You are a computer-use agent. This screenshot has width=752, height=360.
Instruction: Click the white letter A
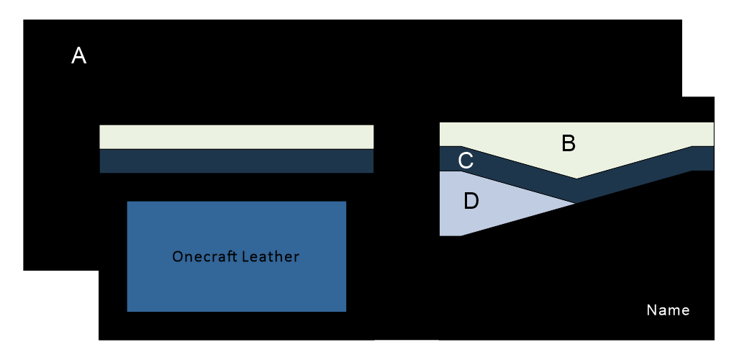79,56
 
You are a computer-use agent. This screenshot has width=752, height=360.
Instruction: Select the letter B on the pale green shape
568,143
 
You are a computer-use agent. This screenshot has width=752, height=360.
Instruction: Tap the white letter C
466,161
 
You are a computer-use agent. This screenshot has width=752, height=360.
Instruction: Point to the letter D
471,202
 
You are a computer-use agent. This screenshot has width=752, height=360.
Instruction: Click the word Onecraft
207,256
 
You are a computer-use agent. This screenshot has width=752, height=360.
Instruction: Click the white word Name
668,310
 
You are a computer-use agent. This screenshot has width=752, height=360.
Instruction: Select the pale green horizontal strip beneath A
236,137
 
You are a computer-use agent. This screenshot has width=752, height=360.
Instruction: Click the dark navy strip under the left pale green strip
236,161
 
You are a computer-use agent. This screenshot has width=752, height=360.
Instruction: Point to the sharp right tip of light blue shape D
575,204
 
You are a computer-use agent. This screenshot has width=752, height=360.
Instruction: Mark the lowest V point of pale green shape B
576,179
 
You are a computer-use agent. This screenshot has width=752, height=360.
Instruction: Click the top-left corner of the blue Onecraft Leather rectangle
127,202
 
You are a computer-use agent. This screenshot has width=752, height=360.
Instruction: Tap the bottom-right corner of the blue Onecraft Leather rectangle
346,311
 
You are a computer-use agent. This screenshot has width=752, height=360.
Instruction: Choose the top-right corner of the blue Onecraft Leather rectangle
346,202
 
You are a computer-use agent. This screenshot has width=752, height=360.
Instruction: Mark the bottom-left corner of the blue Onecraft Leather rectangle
127,311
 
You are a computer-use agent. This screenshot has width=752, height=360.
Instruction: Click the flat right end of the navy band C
713,158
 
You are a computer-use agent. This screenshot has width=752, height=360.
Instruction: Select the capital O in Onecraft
177,256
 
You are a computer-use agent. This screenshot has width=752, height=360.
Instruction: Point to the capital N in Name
651,310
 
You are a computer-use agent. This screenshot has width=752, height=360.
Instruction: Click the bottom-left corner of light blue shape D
440,235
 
